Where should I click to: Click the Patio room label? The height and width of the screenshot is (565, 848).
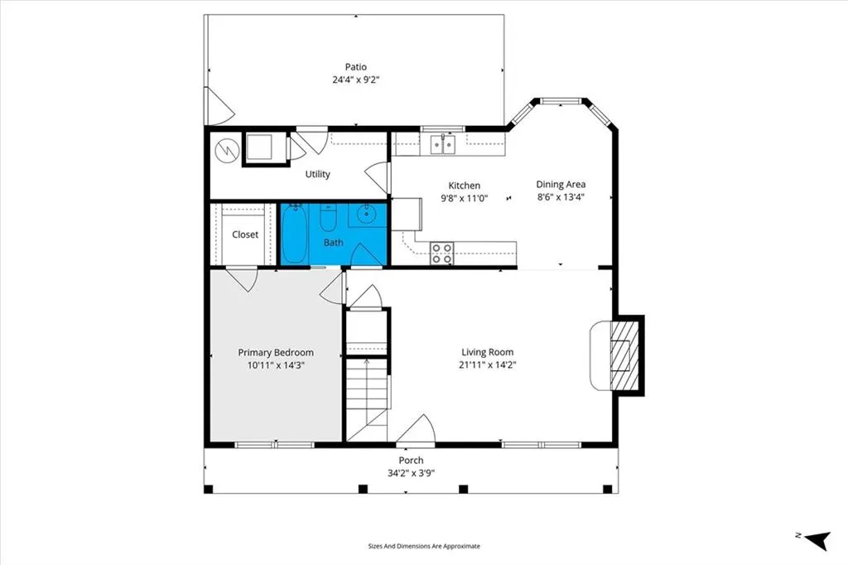pos(356,67)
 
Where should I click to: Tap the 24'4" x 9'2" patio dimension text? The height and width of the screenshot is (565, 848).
pos(356,80)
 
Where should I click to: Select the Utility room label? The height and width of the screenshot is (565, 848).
pos(317,174)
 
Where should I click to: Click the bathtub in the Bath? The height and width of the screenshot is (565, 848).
pos(294,234)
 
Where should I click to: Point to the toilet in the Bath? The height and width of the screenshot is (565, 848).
pos(328,218)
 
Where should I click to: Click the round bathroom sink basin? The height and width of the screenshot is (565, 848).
pos(367,214)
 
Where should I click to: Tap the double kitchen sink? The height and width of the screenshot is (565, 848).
pos(443,144)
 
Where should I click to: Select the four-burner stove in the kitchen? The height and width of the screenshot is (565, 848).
pos(441,254)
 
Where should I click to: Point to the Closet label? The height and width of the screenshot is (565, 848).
pos(245,234)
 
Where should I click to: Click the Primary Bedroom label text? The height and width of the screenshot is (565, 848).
pos(276,352)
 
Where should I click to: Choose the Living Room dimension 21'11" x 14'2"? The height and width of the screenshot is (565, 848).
pos(487,365)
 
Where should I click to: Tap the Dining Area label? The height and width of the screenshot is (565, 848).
pos(561,185)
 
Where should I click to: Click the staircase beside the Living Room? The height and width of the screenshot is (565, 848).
pos(367,399)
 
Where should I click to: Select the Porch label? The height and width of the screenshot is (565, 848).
pos(411,461)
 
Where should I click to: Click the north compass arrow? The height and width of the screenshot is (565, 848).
pos(817,539)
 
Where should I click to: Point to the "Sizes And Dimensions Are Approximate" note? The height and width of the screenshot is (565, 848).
pos(424,546)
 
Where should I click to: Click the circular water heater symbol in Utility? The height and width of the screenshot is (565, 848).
pos(227,151)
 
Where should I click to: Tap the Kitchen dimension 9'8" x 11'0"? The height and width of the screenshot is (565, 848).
pos(464,198)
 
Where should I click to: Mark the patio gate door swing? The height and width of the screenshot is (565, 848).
pos(219,106)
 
